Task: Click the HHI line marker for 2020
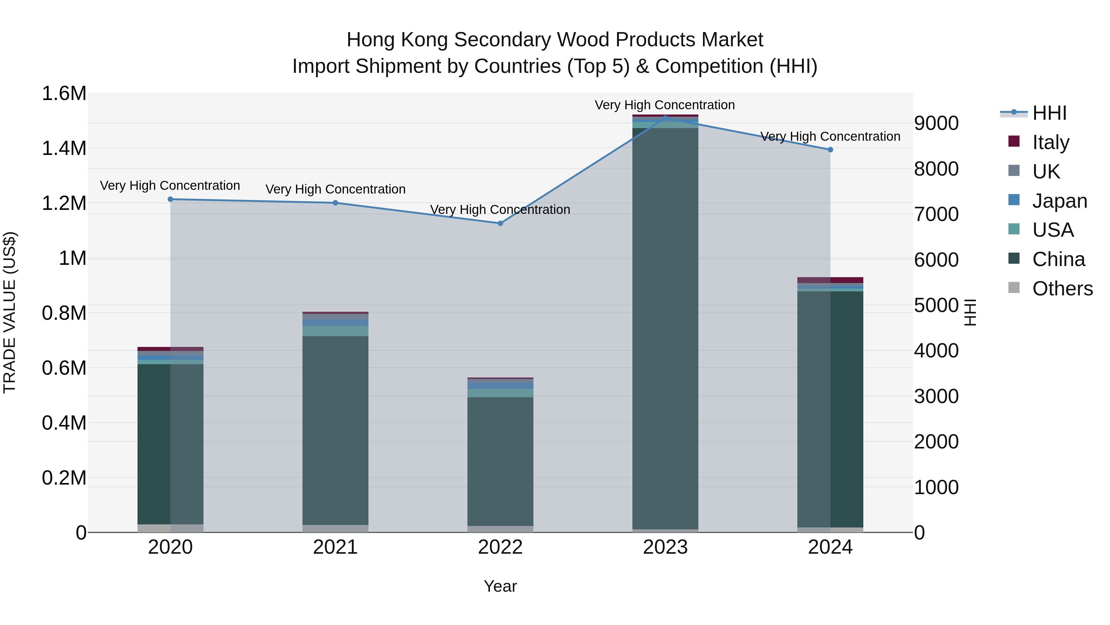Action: click(170, 199)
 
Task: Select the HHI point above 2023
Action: click(665, 118)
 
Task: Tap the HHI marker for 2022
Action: click(500, 223)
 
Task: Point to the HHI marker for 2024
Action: click(830, 150)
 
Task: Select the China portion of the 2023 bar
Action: click(665, 328)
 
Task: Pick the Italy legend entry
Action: click(1050, 142)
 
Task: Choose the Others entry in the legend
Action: click(1062, 289)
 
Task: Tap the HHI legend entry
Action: click(1049, 113)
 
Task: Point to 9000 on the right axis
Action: click(936, 123)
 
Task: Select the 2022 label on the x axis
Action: click(500, 547)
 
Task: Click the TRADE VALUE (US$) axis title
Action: click(10, 312)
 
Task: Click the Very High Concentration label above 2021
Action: click(335, 190)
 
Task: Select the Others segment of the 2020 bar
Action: click(170, 528)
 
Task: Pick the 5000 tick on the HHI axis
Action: click(936, 305)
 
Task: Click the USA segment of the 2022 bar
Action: click(500, 393)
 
